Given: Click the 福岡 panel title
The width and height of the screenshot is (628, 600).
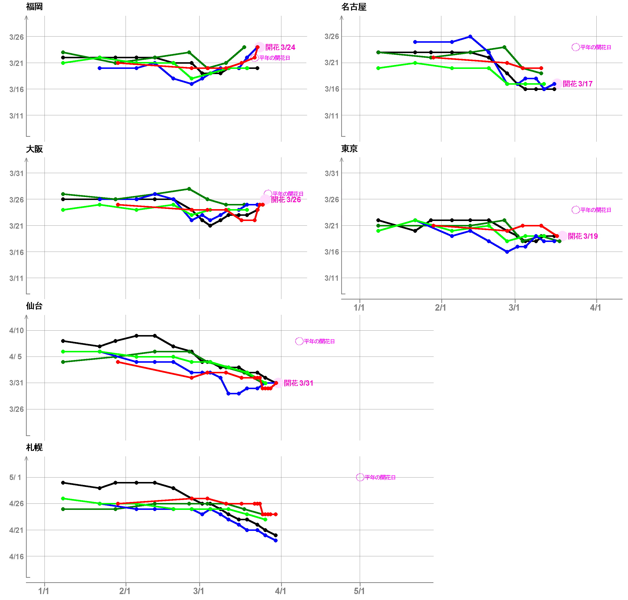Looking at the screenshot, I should click(x=34, y=7).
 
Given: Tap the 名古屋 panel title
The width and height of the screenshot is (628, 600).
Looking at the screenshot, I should click(x=354, y=7).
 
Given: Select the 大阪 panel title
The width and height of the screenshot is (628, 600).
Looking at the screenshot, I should click(x=34, y=149).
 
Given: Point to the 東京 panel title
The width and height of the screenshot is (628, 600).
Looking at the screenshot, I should click(x=349, y=148).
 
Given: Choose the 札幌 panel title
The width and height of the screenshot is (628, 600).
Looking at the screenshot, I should click(x=34, y=447).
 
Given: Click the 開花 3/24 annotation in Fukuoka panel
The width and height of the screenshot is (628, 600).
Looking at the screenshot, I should click(x=280, y=47).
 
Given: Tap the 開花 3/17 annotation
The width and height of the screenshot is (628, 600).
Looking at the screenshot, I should click(x=577, y=84).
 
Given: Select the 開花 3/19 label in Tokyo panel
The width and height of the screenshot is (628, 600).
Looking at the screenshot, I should click(x=583, y=236).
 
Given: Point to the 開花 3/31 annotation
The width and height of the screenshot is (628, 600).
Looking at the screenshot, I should click(x=298, y=383).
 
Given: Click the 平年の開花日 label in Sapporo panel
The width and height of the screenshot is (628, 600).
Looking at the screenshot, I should click(x=380, y=477).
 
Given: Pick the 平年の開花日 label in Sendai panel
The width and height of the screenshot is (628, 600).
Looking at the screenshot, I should click(x=319, y=341).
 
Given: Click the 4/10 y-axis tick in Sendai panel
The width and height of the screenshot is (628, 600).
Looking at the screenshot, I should click(x=16, y=330).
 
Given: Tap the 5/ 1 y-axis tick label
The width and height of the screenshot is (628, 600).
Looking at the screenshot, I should click(x=15, y=477).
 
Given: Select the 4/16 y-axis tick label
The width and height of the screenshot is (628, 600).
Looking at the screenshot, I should click(x=16, y=557).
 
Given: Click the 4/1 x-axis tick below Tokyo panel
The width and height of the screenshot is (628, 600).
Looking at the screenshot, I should click(x=595, y=308).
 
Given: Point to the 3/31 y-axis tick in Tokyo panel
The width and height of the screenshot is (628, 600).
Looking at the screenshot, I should click(x=332, y=173).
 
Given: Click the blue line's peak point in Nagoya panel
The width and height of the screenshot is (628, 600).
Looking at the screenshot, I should click(x=470, y=37).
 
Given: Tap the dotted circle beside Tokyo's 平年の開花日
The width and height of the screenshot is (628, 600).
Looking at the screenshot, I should click(x=576, y=210).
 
